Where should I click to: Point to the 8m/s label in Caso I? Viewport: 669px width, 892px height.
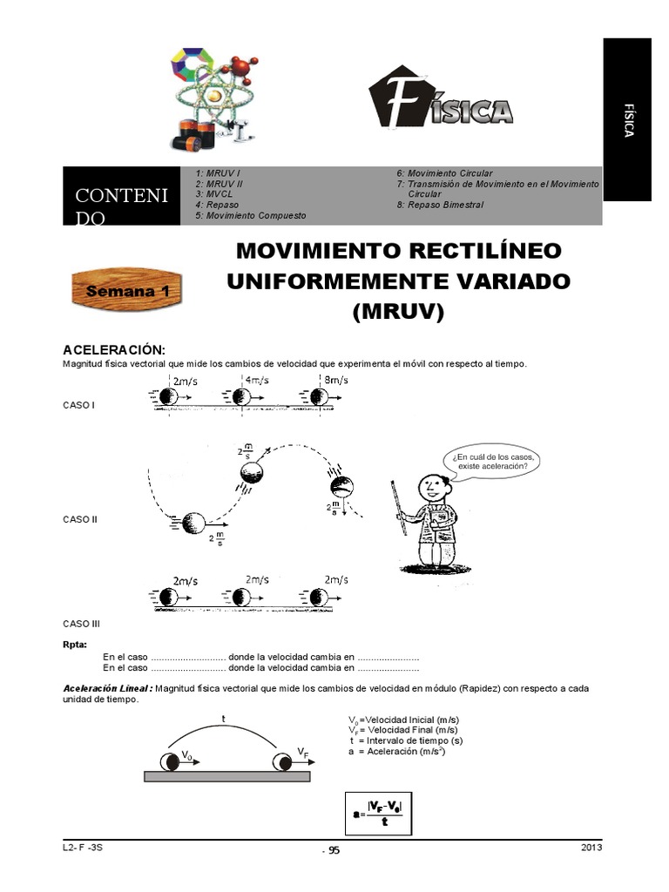[334, 380]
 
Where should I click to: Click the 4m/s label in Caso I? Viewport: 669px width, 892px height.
[256, 380]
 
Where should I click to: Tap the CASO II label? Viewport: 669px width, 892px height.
[80, 519]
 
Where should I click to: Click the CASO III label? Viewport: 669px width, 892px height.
[83, 624]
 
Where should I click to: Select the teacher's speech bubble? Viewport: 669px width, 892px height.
[491, 461]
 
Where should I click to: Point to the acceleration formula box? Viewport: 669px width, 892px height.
[378, 814]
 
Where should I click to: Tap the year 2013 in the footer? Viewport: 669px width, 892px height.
[591, 848]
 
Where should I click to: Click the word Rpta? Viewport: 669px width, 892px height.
[74, 645]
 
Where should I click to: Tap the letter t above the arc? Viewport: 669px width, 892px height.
[224, 719]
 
